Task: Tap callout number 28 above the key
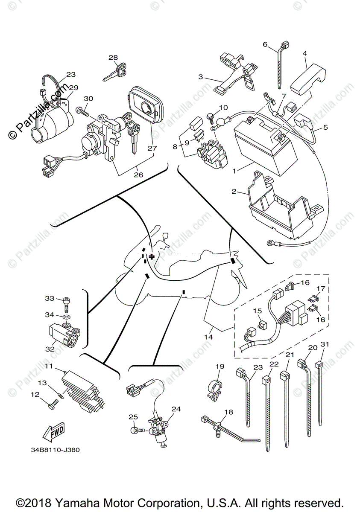(113, 58)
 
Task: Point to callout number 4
(304, 53)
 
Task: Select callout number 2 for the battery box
(234, 192)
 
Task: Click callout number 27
(152, 148)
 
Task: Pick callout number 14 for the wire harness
(208, 337)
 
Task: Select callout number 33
(50, 298)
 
